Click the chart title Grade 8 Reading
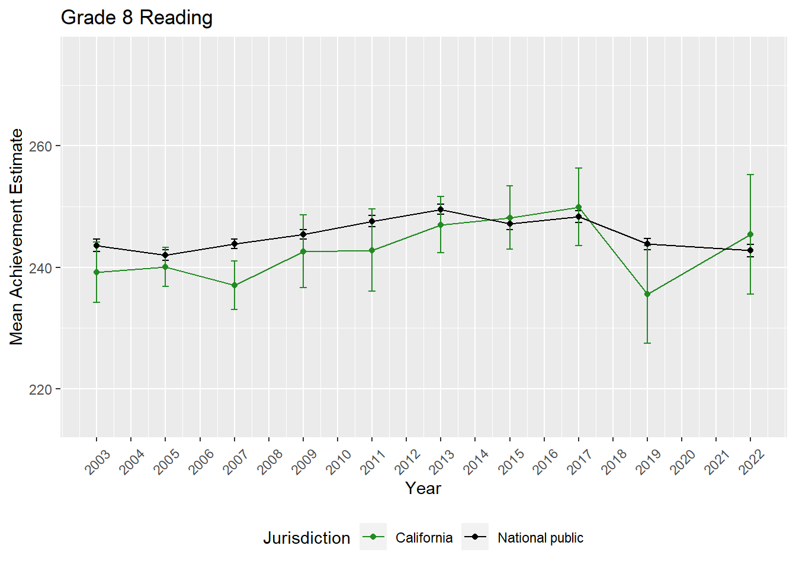[137, 18]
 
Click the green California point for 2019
[647, 294]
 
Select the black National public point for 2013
[441, 209]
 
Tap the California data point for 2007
[235, 285]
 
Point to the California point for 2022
[750, 234]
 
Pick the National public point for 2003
[97, 246]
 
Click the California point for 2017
[579, 207]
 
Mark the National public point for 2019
[647, 244]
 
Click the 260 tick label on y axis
[40, 146]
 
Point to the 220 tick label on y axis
[40, 389]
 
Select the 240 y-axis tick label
[40, 268]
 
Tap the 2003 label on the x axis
[98, 461]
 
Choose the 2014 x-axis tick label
[476, 461]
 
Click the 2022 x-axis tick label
[752, 461]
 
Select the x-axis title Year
[423, 488]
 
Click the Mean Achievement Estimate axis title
[17, 237]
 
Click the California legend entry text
[424, 538]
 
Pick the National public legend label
[540, 538]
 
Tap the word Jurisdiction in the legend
[307, 538]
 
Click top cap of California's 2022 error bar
[750, 175]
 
